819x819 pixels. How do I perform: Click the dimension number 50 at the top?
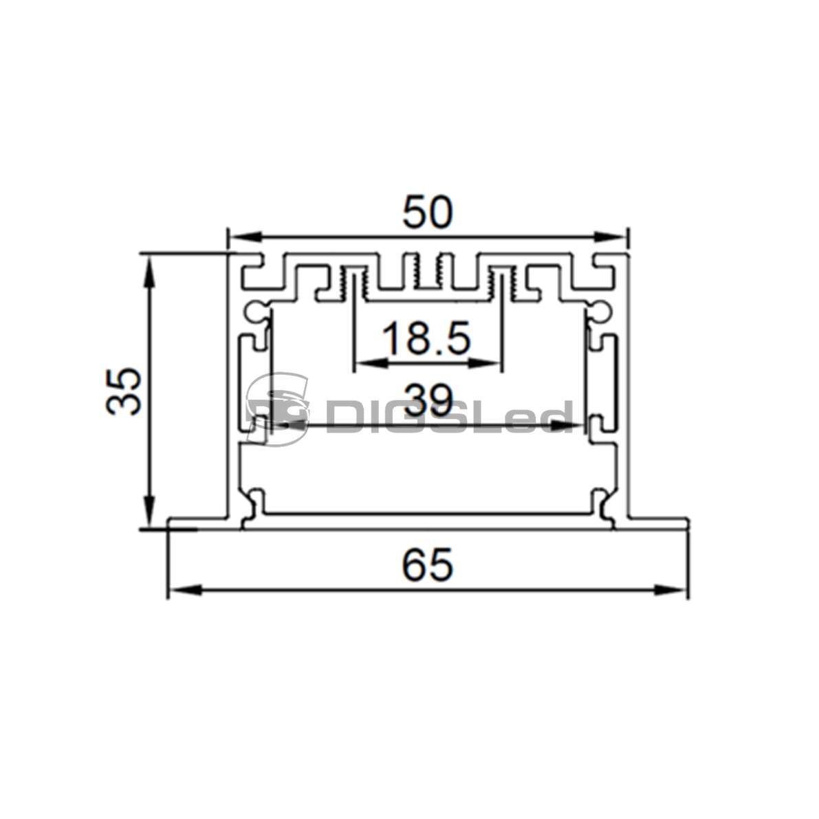tap(428, 212)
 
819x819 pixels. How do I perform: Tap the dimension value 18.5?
tap(427, 338)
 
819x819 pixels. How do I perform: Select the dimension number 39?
tap(428, 399)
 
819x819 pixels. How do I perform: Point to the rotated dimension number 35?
tap(124, 391)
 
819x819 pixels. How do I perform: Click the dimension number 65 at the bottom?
tap(427, 565)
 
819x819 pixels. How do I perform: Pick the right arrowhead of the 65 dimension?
tap(670, 590)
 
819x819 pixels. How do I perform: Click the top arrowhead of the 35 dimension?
tap(150, 272)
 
